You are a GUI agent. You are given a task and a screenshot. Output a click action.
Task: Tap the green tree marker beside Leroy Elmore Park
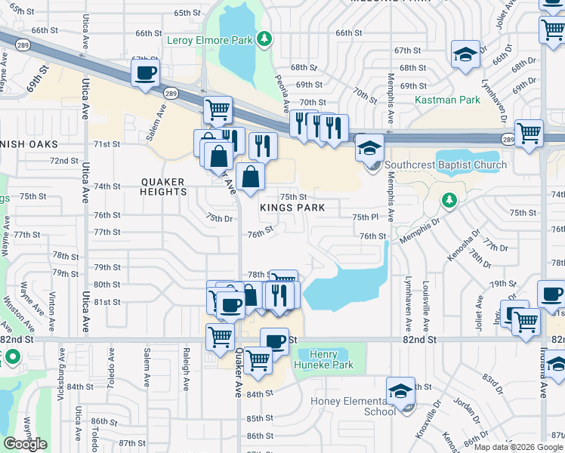tap(264, 39)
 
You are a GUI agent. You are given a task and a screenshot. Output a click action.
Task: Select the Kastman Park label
tap(447, 100)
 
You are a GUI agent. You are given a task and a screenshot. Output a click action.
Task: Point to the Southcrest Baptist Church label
tap(446, 165)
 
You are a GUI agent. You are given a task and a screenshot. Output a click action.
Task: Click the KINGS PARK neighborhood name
tap(292, 208)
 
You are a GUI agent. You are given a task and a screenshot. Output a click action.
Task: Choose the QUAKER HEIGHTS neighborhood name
tap(164, 186)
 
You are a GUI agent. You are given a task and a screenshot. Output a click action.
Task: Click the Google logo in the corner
tap(25, 444)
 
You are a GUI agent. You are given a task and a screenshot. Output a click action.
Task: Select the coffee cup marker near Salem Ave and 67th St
tap(145, 73)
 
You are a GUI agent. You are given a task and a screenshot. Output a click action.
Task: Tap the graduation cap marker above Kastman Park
tap(465, 54)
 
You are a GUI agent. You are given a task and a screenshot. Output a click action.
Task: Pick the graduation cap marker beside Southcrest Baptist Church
tap(370, 146)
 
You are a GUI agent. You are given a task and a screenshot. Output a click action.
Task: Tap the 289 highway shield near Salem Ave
tap(171, 93)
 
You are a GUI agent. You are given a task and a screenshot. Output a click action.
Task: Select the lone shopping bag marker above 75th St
tap(249, 177)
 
